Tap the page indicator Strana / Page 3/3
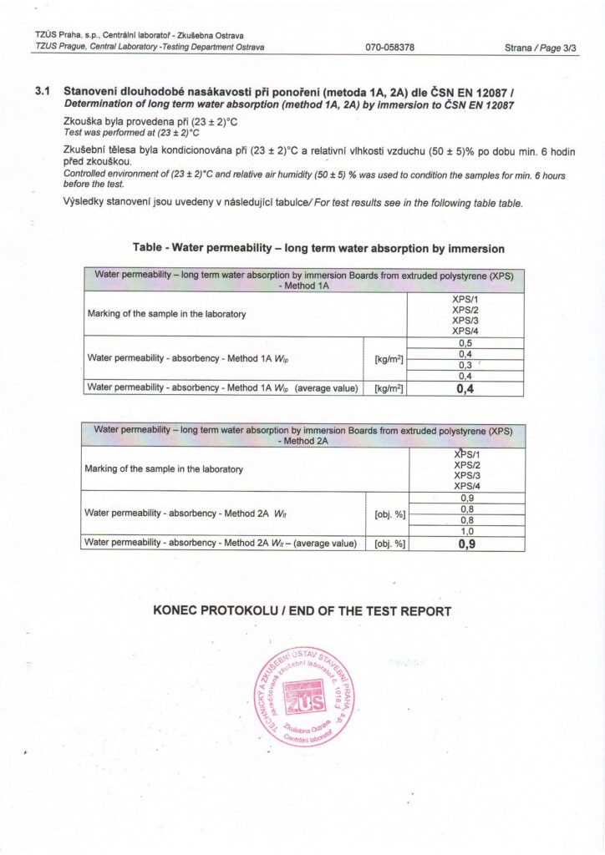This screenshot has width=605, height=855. click(541, 48)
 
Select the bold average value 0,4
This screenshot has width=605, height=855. click(465, 387)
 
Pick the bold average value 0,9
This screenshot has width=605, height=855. click(467, 544)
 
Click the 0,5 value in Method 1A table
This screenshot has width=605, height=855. click(465, 342)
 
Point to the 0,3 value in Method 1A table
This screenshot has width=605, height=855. click(465, 365)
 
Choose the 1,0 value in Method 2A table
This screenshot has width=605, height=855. click(467, 530)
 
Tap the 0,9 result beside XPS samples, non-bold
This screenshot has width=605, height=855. click(467, 498)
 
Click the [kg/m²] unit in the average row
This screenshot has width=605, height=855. click(389, 388)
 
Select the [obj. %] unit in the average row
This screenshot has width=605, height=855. click(389, 544)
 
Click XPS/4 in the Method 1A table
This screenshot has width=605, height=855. click(465, 331)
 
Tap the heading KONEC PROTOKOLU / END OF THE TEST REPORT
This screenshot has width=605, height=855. click(302, 611)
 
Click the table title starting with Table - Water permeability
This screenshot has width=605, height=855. click(318, 248)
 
